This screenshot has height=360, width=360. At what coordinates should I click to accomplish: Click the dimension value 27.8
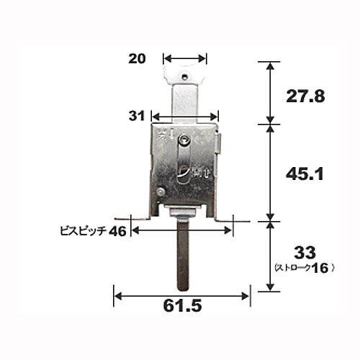coord(305,96)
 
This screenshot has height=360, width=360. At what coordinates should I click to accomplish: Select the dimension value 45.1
coord(305,174)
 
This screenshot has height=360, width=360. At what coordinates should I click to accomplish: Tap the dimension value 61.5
coord(182,305)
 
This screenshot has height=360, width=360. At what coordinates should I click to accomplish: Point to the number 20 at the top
coord(137,58)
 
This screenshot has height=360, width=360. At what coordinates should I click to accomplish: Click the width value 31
coord(137,116)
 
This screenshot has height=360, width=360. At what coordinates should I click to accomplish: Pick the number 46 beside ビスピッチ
coord(117,232)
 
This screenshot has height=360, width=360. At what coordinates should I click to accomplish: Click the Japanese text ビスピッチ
coord(84,232)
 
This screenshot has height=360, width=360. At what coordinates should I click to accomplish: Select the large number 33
coord(305,253)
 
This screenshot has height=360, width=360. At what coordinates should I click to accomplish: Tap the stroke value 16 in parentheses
coord(320,268)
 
